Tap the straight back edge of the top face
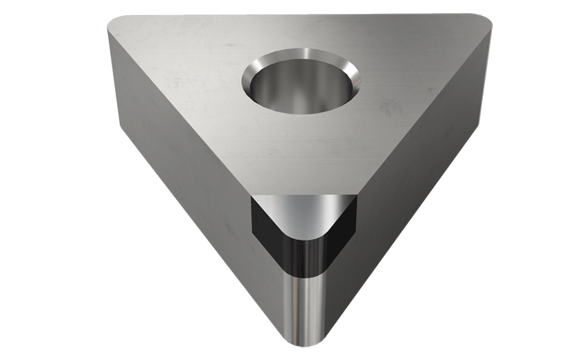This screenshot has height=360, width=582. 298,15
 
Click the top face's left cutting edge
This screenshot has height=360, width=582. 180,111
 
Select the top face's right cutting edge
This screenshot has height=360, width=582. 423,111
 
